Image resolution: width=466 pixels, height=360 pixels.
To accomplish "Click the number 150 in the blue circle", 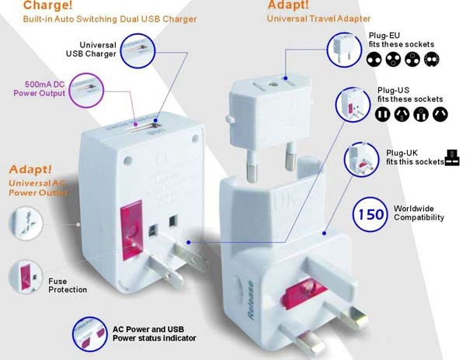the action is (x=371, y=214).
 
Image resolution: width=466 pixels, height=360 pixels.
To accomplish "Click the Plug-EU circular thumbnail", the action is (x=344, y=50).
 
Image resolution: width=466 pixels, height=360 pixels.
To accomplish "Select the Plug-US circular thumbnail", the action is (x=353, y=105).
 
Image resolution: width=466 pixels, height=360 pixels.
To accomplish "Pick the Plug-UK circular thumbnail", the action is (x=361, y=160).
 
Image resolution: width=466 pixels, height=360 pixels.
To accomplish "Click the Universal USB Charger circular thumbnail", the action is (x=137, y=50).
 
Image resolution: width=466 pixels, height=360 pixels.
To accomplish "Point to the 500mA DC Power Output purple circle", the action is (x=87, y=90).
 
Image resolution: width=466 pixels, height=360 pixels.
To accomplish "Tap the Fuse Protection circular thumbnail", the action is (x=26, y=277).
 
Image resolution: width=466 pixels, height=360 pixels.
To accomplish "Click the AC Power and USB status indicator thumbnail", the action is (x=90, y=334).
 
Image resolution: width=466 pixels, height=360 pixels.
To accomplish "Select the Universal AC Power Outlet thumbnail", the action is (x=26, y=223).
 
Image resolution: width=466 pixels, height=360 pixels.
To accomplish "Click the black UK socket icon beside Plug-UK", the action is (x=452, y=157).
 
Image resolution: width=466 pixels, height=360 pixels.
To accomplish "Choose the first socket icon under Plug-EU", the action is (x=374, y=60).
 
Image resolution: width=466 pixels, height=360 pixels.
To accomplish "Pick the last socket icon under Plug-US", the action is (x=440, y=115).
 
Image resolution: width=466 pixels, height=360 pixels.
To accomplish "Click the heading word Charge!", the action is (x=47, y=5).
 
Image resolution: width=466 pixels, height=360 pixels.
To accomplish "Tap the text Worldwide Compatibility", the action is (x=419, y=213).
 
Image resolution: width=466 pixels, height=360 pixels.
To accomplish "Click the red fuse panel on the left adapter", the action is (x=131, y=231).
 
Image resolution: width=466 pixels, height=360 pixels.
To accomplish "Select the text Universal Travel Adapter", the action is (x=318, y=19).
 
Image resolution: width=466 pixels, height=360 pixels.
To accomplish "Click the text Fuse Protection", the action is (x=68, y=286).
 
